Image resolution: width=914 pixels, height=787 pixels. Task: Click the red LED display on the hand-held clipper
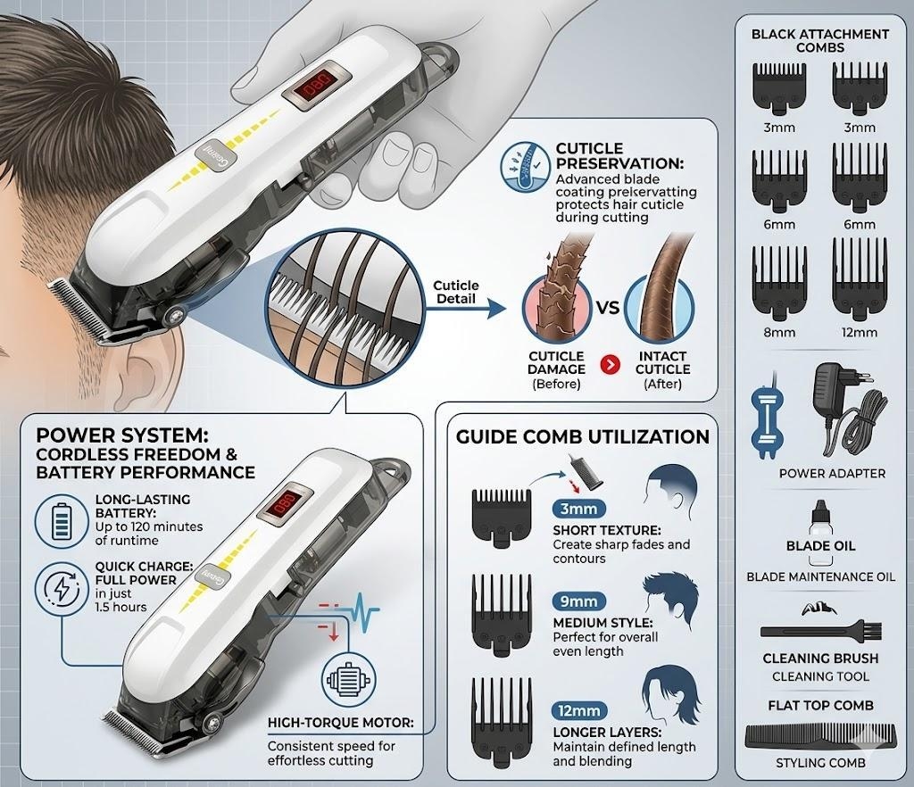pos(317,87)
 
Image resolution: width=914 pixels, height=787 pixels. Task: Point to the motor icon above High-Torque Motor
pos(349,680)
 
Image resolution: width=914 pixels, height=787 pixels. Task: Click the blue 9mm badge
pos(578,601)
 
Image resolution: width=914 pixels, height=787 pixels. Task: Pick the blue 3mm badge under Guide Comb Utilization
pos(578,509)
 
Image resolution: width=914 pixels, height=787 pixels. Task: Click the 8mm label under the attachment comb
pos(779,333)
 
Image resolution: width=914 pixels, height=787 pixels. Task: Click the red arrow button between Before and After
pos(610,365)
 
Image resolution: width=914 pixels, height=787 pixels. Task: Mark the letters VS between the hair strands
pos(607,306)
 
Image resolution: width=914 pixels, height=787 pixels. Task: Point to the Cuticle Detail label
pos(456,292)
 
